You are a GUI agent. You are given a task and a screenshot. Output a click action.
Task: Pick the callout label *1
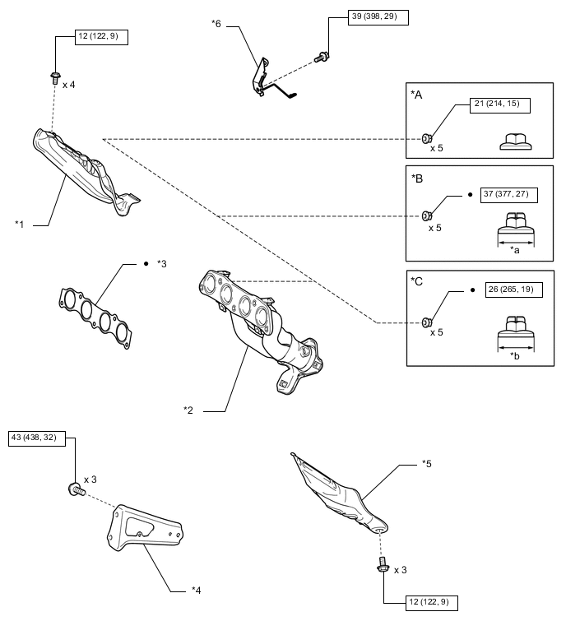(x=20, y=223)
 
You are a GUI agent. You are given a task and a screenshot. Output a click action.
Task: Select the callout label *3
(x=161, y=264)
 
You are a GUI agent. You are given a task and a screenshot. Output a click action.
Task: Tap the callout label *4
(x=196, y=589)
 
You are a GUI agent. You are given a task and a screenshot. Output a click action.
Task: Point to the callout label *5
(x=427, y=465)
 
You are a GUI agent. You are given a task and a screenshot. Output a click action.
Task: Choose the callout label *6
(x=216, y=25)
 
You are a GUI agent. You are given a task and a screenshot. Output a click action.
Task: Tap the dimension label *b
(x=515, y=355)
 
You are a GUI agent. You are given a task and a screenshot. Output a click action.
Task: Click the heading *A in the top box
(x=417, y=95)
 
